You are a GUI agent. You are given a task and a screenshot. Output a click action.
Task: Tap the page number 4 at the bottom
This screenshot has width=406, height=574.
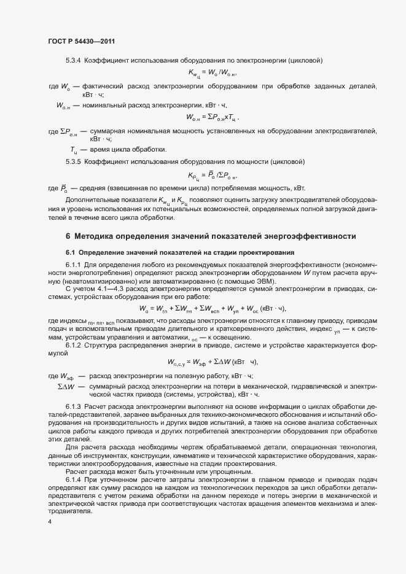50,521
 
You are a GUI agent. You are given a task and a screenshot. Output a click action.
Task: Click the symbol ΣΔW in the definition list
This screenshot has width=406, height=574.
66,386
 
